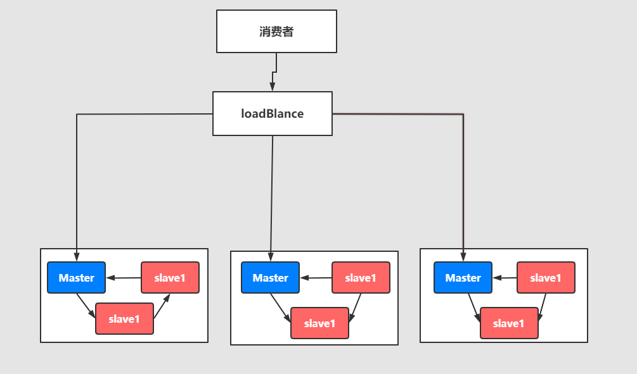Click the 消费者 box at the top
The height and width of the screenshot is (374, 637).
pos(276,31)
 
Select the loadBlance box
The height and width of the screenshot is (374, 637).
pos(272,113)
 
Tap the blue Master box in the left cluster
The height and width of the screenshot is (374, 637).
pos(77,277)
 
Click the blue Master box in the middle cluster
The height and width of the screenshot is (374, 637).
pos(271,278)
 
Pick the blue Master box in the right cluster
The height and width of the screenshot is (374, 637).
pos(463,278)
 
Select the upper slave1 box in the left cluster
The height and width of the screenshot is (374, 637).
pos(170,277)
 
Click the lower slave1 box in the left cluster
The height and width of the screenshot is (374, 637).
pos(124,318)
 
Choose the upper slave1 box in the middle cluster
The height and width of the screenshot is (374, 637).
pos(361,278)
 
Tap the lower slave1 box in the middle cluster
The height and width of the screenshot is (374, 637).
pos(319,323)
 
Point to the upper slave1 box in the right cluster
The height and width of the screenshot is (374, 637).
pos(546,278)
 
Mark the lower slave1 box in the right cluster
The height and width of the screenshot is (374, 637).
pos(509,323)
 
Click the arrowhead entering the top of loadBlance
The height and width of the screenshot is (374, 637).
pos(272,87)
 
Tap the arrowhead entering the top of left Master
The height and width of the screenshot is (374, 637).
pos(77,258)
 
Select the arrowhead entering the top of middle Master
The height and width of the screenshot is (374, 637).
pos(271,258)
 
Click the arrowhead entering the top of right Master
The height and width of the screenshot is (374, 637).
pos(463,258)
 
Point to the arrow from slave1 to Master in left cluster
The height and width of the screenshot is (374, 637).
pos(124,277)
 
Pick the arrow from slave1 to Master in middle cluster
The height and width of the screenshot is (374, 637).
pos(316,277)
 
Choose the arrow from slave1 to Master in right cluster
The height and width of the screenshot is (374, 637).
pos(505,277)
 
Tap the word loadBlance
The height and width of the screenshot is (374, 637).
pos(272,114)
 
